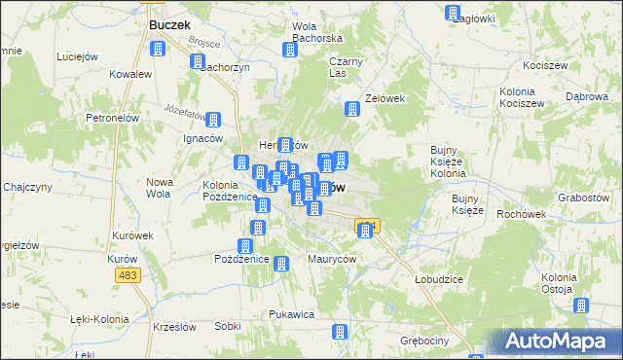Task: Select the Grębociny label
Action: (425, 342)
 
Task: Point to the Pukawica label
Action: (291, 314)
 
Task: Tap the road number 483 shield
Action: (128, 277)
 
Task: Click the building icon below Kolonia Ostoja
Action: (581, 306)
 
